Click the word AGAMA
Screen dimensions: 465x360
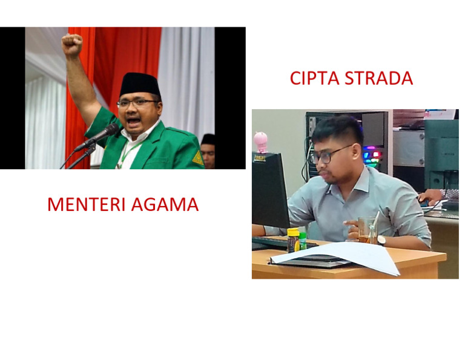(165, 204)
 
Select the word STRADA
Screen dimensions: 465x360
(379, 78)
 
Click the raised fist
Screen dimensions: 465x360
(72, 44)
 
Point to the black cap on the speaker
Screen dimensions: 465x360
(140, 84)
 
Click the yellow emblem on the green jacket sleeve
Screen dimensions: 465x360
(198, 158)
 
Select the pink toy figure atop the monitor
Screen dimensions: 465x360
(260, 142)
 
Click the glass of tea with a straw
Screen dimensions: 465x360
(368, 230)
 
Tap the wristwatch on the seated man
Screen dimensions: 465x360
(381, 240)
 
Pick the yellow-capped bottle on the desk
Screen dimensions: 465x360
(292, 240)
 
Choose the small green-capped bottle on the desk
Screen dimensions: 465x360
(303, 241)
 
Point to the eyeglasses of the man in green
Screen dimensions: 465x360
(137, 103)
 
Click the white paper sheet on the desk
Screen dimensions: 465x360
(335, 256)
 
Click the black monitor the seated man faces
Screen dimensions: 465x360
(270, 190)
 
